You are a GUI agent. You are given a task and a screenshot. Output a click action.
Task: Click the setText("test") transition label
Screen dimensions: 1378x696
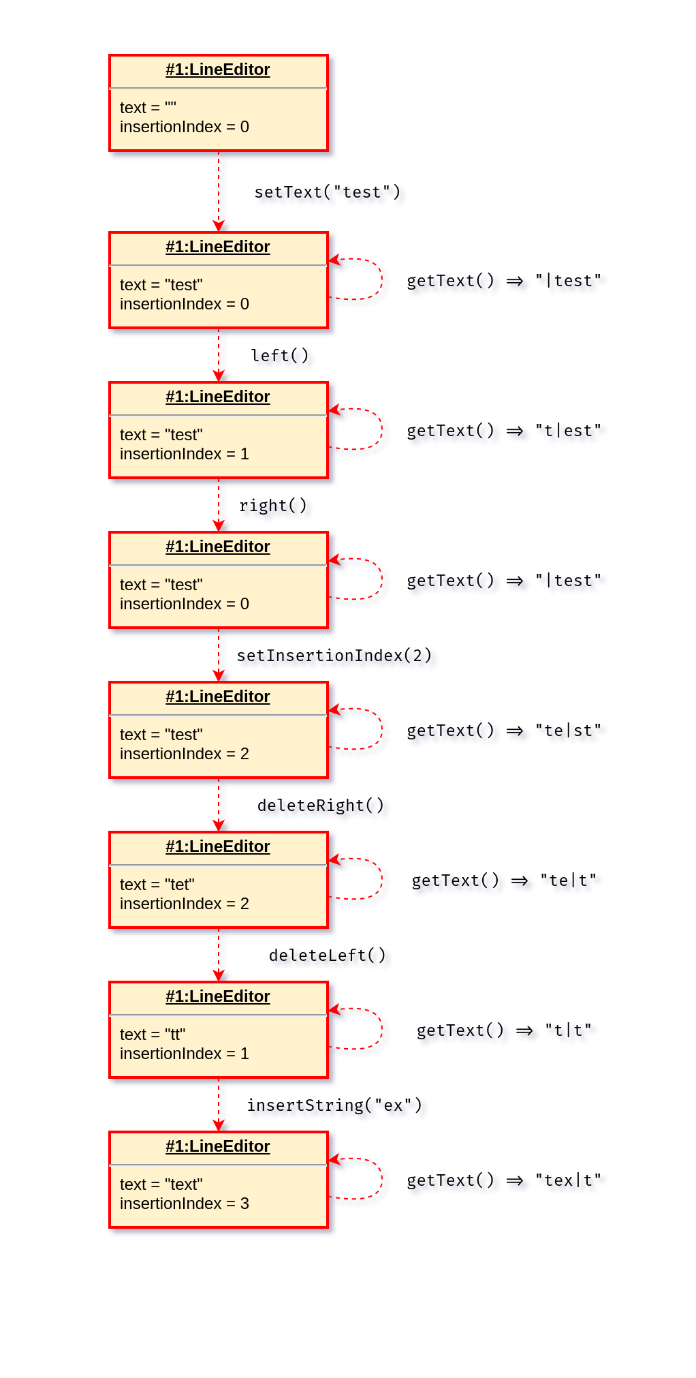point(327,192)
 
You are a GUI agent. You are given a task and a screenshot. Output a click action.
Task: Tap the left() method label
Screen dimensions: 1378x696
point(279,356)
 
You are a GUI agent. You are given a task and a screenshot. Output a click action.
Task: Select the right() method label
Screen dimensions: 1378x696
point(272,506)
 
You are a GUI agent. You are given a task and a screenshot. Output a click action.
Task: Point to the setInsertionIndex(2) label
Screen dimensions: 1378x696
point(334,656)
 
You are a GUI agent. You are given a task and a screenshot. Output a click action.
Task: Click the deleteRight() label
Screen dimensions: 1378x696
point(320,806)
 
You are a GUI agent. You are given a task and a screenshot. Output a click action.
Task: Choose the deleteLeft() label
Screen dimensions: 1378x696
point(327,955)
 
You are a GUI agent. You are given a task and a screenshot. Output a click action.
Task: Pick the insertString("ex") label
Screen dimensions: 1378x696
point(334,1105)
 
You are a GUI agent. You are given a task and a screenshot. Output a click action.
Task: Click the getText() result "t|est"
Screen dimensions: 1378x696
point(568,431)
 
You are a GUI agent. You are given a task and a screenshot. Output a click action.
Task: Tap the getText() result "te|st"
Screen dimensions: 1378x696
point(568,731)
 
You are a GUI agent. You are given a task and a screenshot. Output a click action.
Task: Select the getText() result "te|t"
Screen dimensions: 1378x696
point(568,881)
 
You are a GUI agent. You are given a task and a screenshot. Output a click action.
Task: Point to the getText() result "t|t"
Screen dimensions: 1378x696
point(568,1030)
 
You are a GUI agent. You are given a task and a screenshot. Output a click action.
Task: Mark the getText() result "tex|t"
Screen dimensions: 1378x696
point(568,1180)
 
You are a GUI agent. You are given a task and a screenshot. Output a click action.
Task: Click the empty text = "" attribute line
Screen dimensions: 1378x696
point(148,108)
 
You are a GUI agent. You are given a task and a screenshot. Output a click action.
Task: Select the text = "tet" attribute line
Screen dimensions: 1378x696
point(157,885)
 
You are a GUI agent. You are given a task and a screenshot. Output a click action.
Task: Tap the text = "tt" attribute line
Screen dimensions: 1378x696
point(153,1035)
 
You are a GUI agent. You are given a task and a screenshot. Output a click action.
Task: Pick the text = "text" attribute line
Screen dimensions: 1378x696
point(161,1184)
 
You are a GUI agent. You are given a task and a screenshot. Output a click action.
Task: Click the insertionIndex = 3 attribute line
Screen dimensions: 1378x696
point(184,1204)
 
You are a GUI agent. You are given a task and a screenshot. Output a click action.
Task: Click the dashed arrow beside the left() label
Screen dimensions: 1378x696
point(219,354)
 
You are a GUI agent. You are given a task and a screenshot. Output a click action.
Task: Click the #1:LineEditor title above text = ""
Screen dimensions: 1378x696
point(218,70)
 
